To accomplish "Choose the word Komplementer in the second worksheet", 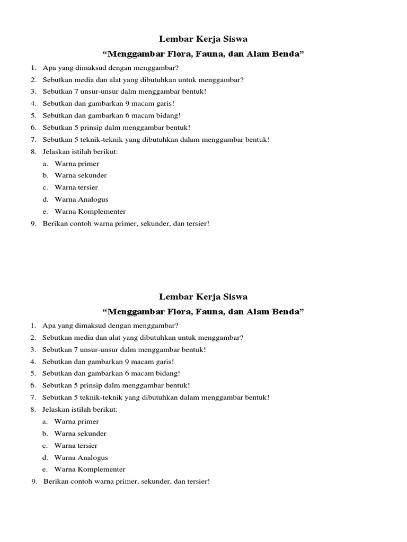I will point(101,469).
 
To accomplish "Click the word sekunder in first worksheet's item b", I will point(92,175).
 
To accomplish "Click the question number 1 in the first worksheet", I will point(32,68).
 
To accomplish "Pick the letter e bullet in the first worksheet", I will point(46,211).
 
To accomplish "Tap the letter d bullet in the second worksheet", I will point(46,458).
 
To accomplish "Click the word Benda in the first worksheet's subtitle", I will point(286,54).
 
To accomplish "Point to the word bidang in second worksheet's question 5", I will point(167,373).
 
